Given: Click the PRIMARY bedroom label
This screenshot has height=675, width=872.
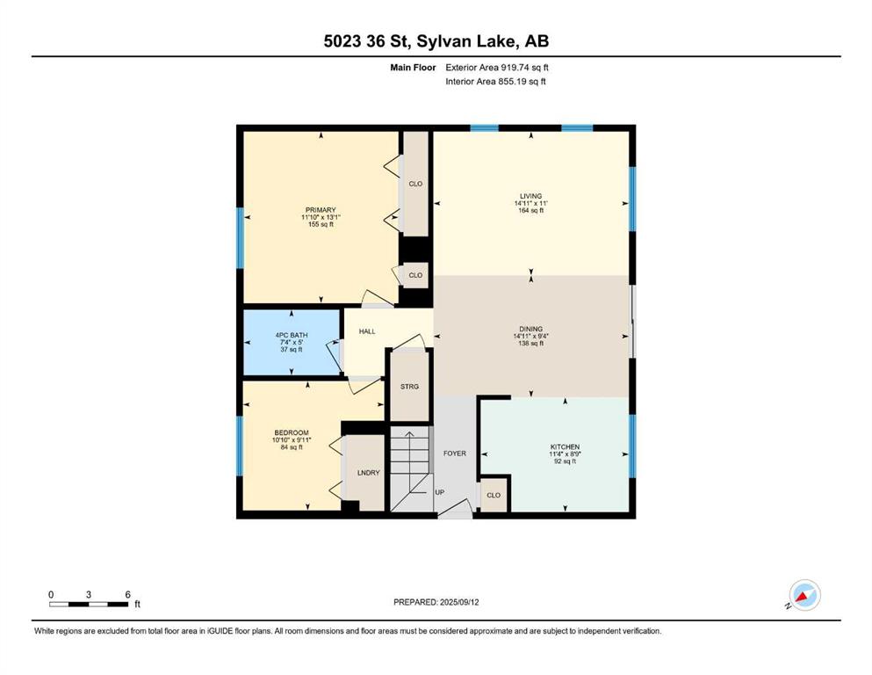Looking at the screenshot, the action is pos(321,210).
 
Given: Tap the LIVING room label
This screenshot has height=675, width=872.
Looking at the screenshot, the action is pos(530,196).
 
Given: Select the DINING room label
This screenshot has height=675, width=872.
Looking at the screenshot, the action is pos(530,329).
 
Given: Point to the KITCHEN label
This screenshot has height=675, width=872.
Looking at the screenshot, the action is pos(565,446).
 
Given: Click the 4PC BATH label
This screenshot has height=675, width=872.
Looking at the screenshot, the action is pos(292,335).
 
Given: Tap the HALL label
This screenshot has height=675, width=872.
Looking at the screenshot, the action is pos(367,331).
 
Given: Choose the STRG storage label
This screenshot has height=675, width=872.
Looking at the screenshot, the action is pos(409,386).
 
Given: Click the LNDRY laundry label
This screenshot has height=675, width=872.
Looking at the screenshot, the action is pos(368,473).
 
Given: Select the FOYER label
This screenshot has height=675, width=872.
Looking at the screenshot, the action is pos(455,454).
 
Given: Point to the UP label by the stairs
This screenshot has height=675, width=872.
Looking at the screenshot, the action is pos(439,492).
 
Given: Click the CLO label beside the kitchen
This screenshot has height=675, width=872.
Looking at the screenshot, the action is pos(494,495).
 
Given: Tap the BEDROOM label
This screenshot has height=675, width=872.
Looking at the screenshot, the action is pos(292,433).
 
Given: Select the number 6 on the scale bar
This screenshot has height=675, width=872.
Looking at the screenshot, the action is pos(128,594).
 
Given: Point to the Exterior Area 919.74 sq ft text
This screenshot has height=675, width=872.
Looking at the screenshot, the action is pos(497,68).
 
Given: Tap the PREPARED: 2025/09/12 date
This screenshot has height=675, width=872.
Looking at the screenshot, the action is pos(436,602).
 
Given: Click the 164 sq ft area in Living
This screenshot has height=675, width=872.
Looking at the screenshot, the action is pos(530,210).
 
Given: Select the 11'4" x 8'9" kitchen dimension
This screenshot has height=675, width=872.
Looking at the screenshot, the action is pos(565,454).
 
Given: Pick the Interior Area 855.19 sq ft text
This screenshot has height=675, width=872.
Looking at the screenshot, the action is pos(495,81).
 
